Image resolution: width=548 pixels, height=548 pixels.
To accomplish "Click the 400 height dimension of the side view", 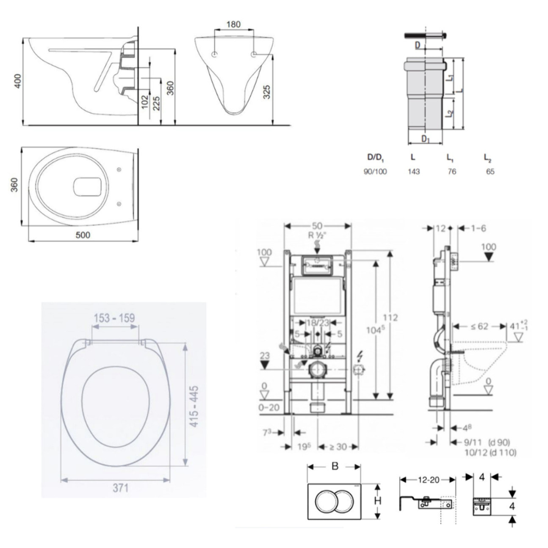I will (x=17, y=81).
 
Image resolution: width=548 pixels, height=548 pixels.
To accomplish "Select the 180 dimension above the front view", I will (x=233, y=24).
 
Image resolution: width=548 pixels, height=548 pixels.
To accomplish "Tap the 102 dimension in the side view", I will (x=145, y=102).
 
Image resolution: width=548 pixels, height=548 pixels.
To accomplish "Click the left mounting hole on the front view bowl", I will (x=214, y=54).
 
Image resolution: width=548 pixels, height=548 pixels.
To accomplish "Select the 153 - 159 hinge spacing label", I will (x=114, y=318).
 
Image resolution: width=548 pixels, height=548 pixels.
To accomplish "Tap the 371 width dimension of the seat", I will (x=120, y=488).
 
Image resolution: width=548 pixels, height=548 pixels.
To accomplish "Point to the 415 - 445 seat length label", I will (x=194, y=406).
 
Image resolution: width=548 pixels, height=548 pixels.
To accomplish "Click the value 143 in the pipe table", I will (x=413, y=172).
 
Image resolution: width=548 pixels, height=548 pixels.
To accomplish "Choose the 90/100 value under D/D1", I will (x=375, y=172).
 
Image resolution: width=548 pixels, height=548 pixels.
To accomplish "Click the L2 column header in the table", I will (x=488, y=158).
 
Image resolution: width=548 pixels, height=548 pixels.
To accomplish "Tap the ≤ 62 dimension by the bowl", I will (x=479, y=326).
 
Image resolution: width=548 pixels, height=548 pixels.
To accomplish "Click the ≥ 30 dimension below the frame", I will (x=338, y=446).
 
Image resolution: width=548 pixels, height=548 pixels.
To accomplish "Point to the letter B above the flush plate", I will (x=335, y=466).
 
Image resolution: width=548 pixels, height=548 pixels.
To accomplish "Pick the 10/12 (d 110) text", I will (x=490, y=453).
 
